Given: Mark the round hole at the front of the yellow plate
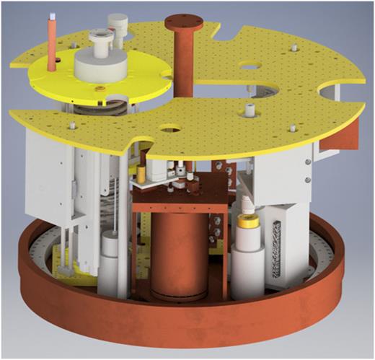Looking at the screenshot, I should [x=171, y=132].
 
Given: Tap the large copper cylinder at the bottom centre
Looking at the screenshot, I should [x=178, y=256].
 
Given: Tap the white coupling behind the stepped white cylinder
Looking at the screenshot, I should [x=116, y=28].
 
